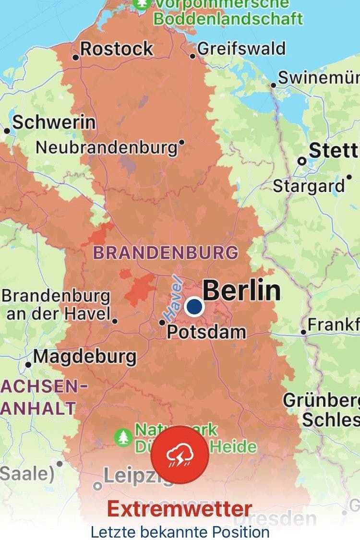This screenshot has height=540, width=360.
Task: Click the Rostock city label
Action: click(117, 49)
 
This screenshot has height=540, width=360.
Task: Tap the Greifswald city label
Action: click(241, 49)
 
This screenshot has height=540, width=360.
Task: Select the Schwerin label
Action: click(54, 122)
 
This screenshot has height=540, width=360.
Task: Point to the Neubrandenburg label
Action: click(107, 147)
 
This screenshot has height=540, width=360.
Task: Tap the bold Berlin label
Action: click(242, 290)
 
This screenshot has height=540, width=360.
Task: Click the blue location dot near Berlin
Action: click(194, 306)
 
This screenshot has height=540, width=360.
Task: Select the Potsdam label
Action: click(206, 332)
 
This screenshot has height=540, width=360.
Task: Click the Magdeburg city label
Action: click(85, 357)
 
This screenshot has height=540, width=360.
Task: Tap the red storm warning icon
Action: click(180, 455)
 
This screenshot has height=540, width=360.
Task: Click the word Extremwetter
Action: click(180, 509)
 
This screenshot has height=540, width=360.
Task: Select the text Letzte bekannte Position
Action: click(180, 532)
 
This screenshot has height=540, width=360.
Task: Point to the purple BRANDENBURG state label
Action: click(166, 252)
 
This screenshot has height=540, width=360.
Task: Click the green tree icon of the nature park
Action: click(124, 437)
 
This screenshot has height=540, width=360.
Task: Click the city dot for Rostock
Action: click(75, 58)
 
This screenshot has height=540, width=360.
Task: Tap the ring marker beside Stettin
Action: click(302, 161)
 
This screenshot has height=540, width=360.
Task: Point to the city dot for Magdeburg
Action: click(28, 365)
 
